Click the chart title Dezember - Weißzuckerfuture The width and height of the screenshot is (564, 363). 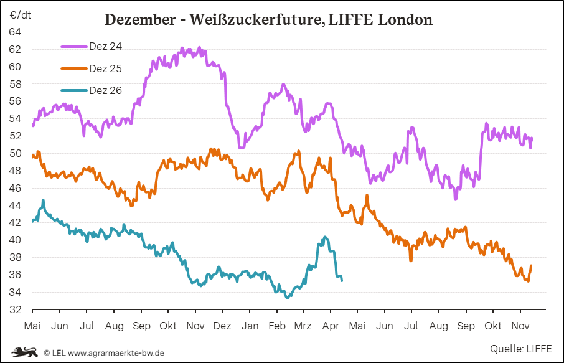pyautogui.click(x=268, y=19)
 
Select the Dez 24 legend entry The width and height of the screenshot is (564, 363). pyautogui.click(x=105, y=45)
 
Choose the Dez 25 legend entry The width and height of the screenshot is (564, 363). pyautogui.click(x=105, y=68)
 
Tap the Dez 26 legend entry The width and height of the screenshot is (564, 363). pyautogui.click(x=105, y=90)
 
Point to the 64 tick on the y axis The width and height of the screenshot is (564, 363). pyautogui.click(x=16, y=32)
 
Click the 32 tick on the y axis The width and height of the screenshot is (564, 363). pyautogui.click(x=16, y=309)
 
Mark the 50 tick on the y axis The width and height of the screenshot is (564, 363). pyautogui.click(x=16, y=153)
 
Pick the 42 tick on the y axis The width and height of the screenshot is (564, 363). pyautogui.click(x=16, y=223)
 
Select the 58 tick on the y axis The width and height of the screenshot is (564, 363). pyautogui.click(x=16, y=84)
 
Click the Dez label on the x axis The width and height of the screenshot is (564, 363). pyautogui.click(x=222, y=326)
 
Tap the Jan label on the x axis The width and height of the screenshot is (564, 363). pyautogui.click(x=250, y=326)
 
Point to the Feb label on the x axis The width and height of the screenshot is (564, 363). pyautogui.click(x=276, y=326)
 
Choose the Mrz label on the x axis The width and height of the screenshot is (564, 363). pyautogui.click(x=303, y=326)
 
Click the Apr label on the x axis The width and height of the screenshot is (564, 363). pyautogui.click(x=330, y=326)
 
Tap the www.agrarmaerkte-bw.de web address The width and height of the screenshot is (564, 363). pyautogui.click(x=116, y=353)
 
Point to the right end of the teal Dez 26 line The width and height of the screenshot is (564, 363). pyautogui.click(x=342, y=280)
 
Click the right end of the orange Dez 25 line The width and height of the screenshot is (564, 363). pyautogui.click(x=531, y=266)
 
